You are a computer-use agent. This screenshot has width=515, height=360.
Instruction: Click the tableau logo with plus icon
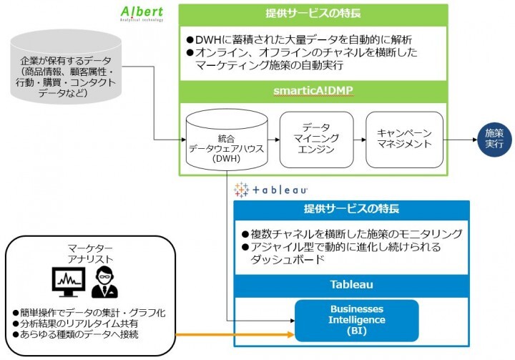270,190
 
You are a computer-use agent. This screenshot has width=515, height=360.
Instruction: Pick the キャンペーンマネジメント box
399,139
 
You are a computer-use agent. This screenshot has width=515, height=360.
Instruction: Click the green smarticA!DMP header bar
313,92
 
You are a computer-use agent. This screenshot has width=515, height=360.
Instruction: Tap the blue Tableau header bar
351,284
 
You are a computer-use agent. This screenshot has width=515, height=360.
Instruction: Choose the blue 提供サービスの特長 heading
351,210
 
